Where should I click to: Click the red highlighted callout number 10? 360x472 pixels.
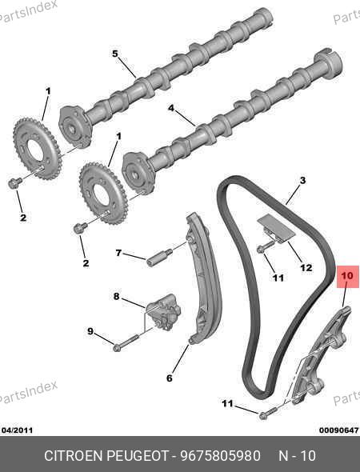point(347,275)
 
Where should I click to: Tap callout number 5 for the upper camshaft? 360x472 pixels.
point(115,54)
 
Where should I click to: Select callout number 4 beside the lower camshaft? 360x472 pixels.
point(171,108)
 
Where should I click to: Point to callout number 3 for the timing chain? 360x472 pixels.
point(302,180)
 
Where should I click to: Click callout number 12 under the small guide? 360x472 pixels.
point(306,267)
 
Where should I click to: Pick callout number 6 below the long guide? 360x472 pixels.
point(170,378)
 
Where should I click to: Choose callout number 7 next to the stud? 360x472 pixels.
point(118,253)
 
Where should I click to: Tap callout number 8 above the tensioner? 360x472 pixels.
point(117,297)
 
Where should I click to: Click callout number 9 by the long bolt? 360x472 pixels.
point(90,331)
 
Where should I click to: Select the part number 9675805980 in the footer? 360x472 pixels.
point(220,455)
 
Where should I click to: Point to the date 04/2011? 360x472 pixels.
point(17,430)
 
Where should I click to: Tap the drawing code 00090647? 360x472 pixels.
point(339,430)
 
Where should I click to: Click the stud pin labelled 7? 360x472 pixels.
point(159,257)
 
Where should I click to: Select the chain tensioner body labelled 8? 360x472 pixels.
point(164,313)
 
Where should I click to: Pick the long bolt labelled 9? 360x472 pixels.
point(126,342)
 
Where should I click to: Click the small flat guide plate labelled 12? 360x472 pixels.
point(275,229)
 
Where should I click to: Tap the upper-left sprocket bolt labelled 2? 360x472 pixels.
point(14,183)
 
